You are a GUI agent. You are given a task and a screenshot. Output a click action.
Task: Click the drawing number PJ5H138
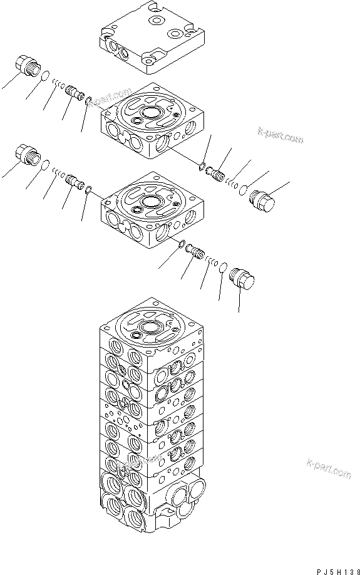(x=332, y=566)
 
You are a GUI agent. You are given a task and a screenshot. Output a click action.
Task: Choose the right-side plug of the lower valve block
(x=242, y=278)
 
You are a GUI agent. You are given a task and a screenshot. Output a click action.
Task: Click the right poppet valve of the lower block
(x=195, y=253)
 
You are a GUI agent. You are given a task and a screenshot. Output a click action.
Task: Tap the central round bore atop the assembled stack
(x=151, y=328)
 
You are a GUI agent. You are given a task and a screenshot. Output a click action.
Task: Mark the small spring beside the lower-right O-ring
(x=210, y=261)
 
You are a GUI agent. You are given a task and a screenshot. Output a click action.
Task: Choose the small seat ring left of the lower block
(x=89, y=189)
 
